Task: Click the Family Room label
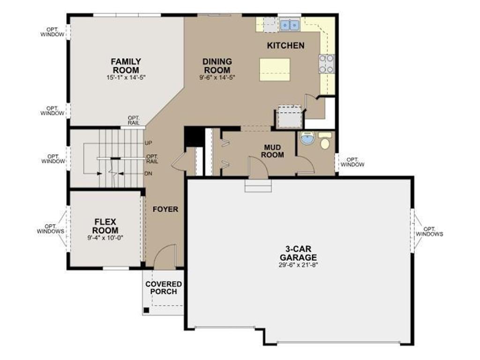click(126, 66)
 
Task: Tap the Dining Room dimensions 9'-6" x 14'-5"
click(217, 77)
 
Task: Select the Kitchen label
click(285, 45)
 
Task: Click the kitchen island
click(275, 70)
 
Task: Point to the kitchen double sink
click(289, 25)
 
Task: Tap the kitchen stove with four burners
click(326, 64)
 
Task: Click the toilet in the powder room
click(325, 141)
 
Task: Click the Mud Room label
click(272, 151)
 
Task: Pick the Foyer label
click(165, 210)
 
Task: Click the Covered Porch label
click(164, 288)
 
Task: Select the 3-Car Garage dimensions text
click(299, 265)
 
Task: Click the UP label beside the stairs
click(149, 143)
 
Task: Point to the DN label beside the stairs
click(149, 173)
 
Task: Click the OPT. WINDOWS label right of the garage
click(429, 232)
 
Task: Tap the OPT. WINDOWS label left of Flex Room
click(51, 229)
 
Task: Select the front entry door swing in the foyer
click(165, 256)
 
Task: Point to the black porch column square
click(147, 310)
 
